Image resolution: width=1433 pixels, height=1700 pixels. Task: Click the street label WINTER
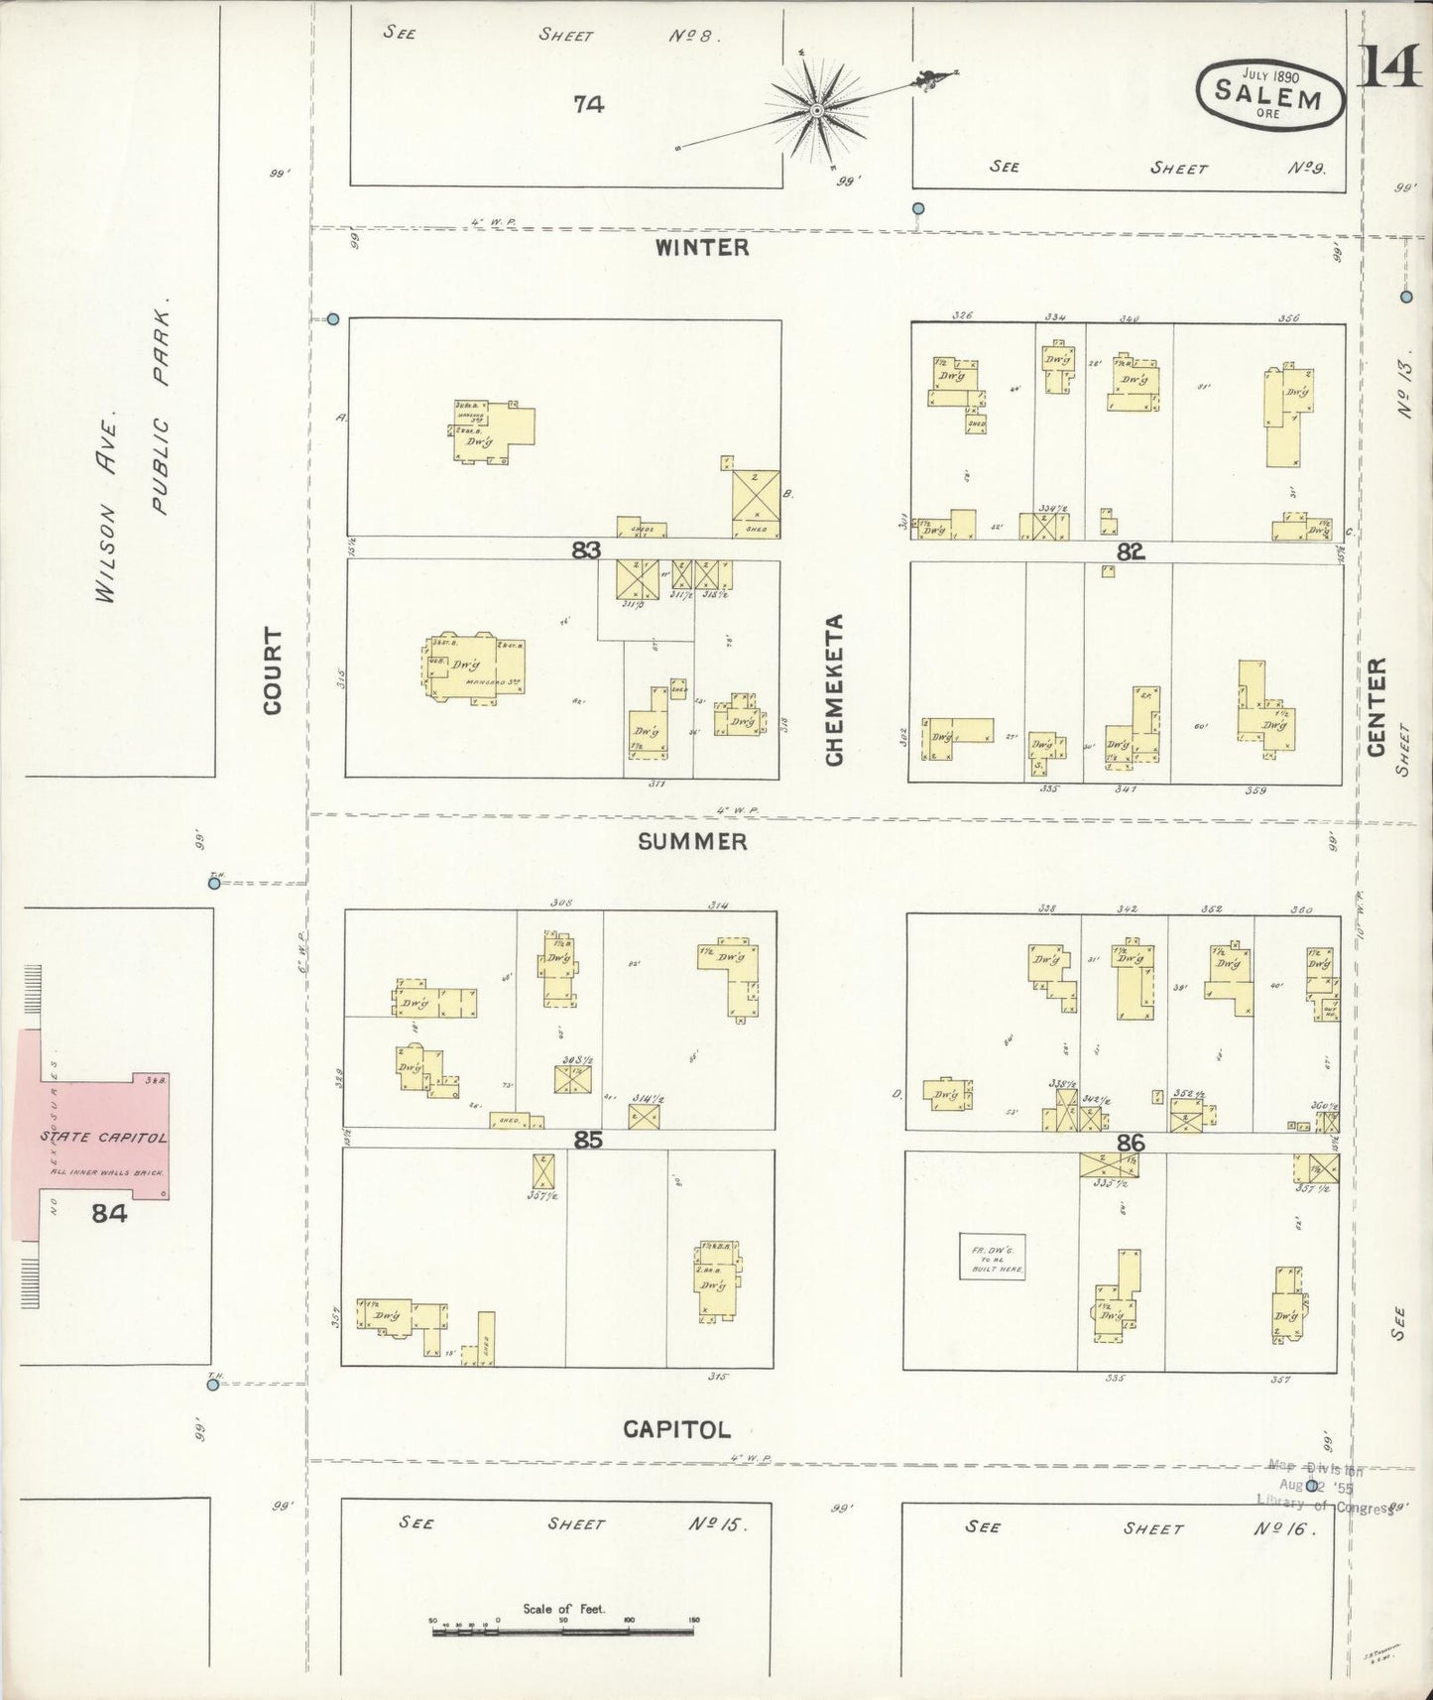click(701, 248)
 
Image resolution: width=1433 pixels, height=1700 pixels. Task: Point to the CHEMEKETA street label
click(834, 689)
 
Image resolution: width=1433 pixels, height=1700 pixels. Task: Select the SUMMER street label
click(692, 842)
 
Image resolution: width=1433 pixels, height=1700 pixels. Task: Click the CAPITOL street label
click(676, 1429)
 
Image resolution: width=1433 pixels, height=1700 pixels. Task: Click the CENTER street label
click(1376, 707)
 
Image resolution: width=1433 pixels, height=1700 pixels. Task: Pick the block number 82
click(1131, 552)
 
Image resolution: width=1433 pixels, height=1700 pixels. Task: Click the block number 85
click(588, 1141)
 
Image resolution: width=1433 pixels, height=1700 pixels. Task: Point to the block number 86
click(1131, 1143)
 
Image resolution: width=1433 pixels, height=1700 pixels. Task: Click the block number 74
click(588, 103)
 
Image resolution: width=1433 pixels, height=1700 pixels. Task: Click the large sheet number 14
click(1390, 67)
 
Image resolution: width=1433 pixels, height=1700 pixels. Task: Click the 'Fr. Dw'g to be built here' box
click(992, 1256)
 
